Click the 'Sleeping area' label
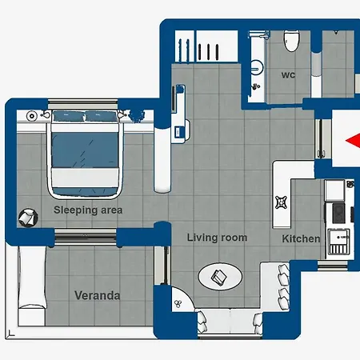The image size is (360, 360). click(88, 210)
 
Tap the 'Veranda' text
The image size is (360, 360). click(98, 295)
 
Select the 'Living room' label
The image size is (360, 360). click(217, 238)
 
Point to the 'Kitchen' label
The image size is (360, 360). click(301, 238)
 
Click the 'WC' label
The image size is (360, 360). click(288, 75)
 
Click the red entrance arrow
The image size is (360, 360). click(353, 140)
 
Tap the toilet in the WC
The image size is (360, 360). click(292, 41)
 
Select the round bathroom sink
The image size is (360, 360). click(256, 68)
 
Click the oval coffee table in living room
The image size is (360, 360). click(220, 277)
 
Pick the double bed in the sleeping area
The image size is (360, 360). click(85, 154)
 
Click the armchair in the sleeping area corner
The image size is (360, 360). click(28, 218)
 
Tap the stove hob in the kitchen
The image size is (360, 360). click(338, 213)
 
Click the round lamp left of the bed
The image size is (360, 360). click(32, 116)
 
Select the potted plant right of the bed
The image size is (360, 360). click(137, 116)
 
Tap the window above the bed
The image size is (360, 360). click(83, 104)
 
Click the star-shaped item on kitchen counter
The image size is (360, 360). click(282, 202)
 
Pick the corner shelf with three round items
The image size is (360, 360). click(182, 299)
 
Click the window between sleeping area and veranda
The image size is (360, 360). click(86, 237)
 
